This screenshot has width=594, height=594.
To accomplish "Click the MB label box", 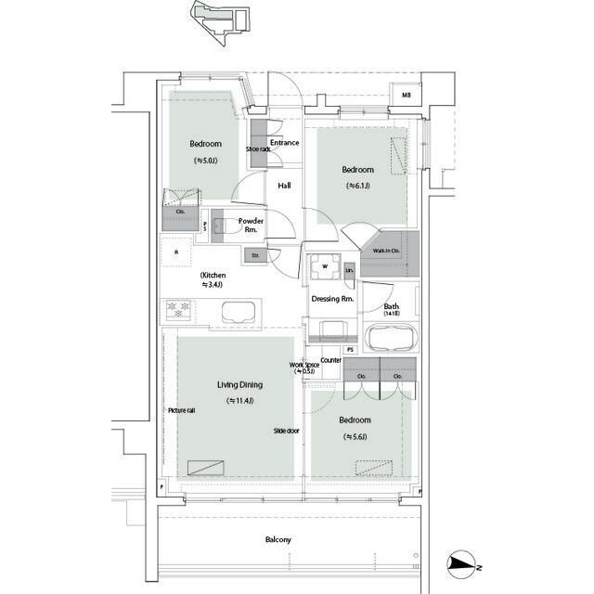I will pyautogui.click(x=407, y=95).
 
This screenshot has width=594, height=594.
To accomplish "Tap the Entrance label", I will pyautogui.click(x=285, y=143).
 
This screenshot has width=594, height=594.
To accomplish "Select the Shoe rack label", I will pyautogui.click(x=257, y=148).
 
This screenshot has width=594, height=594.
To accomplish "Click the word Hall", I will pyautogui.click(x=285, y=186).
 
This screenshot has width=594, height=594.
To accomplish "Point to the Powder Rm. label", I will pyautogui.click(x=251, y=225).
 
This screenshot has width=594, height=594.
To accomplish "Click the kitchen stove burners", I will pyautogui.click(x=178, y=309).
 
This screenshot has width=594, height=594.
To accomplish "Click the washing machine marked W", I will pyautogui.click(x=325, y=266).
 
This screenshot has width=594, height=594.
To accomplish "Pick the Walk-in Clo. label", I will pyautogui.click(x=386, y=252).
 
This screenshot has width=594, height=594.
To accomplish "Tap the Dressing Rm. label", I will pyautogui.click(x=334, y=299).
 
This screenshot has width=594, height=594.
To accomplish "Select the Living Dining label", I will pyautogui.click(x=239, y=384).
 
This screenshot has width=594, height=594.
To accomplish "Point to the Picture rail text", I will pyautogui.click(x=181, y=410).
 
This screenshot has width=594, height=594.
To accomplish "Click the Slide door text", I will pyautogui.click(x=286, y=431).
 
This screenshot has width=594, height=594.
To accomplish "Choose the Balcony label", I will pyautogui.click(x=278, y=539).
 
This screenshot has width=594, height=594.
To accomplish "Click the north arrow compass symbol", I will pyautogui.click(x=461, y=562).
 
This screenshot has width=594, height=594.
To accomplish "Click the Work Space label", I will pyautogui.click(x=304, y=367).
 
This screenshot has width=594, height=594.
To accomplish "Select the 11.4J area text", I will pyautogui.click(x=239, y=401).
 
